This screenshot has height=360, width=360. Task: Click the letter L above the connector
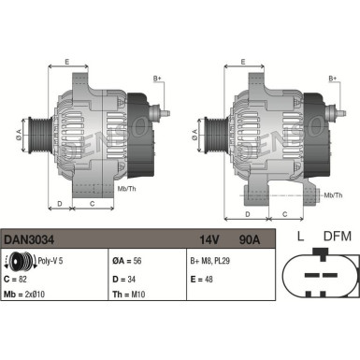tap(299, 236)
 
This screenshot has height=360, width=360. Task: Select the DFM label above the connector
tap(337, 236)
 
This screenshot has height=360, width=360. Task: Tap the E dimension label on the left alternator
tap(66, 62)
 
